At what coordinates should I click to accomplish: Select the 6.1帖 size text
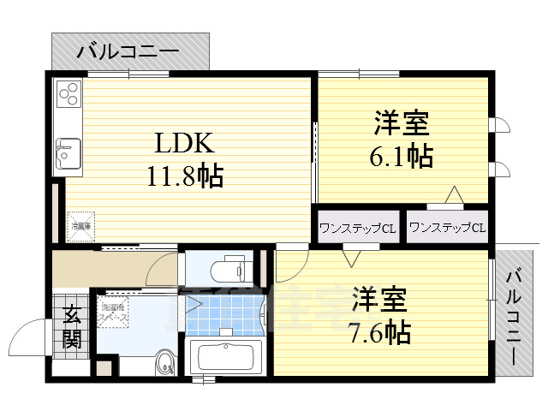coord(402,157)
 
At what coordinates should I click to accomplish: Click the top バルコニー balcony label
coord(128,51)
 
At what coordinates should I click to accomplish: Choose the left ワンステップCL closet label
coord(356,229)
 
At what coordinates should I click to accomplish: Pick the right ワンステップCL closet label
coord(447,228)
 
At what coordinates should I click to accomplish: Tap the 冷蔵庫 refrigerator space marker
coord(82,226)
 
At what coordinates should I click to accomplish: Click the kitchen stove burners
coord(69,92)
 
